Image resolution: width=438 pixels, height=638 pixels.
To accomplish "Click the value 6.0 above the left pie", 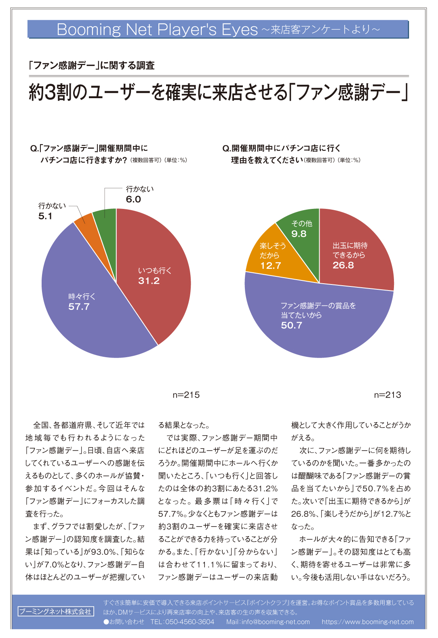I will tap(133, 199).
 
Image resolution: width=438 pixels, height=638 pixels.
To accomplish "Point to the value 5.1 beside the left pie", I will tap(45, 216).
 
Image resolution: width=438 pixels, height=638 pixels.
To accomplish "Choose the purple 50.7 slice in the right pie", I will tap(319, 323).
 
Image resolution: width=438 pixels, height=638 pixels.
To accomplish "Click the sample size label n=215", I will tap(186, 395).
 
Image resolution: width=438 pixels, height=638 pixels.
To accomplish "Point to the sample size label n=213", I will tap(387, 395).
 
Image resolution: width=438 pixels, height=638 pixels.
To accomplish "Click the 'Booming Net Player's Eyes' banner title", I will tap(157, 29).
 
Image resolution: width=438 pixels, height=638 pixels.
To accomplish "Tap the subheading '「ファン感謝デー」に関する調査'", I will tap(92, 65).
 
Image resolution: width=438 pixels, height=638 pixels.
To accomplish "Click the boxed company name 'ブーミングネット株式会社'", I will tap(56, 611).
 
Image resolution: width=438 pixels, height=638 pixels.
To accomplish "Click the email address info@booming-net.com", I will tap(276, 622).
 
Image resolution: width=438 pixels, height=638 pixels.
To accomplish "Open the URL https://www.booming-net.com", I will tap(368, 622).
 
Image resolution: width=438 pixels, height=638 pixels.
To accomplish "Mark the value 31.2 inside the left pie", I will tap(149, 281).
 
